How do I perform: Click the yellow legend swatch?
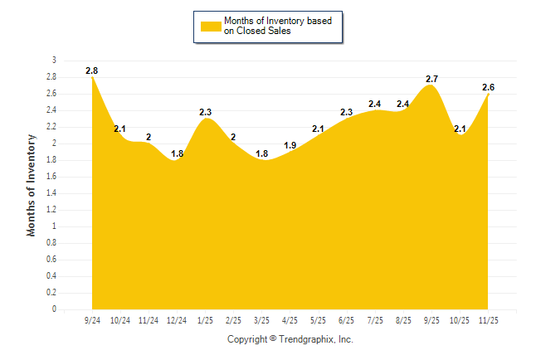click(x=211, y=27)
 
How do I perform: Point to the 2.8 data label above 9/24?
click(x=92, y=71)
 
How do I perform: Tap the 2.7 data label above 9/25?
click(x=431, y=80)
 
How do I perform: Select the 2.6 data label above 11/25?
click(x=489, y=88)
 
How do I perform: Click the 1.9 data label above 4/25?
click(x=290, y=145)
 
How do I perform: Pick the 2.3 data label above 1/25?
click(x=206, y=112)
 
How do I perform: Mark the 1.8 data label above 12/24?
click(x=177, y=153)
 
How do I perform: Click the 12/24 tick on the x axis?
click(x=177, y=319)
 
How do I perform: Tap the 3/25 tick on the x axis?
click(x=261, y=319)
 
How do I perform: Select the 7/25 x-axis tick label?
click(x=375, y=319)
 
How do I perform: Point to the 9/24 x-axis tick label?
click(x=92, y=319)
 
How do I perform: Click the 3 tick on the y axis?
click(x=54, y=61)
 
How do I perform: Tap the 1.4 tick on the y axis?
click(x=51, y=193)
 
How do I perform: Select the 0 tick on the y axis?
click(x=54, y=309)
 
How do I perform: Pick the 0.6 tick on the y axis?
click(x=51, y=260)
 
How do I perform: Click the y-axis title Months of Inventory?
click(x=32, y=185)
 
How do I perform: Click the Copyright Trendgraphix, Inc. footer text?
click(x=290, y=339)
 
